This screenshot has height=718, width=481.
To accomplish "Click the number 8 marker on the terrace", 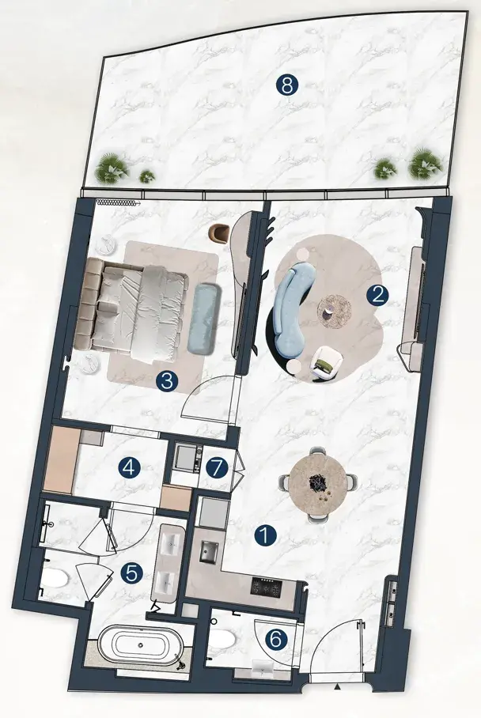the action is [x=287, y=85].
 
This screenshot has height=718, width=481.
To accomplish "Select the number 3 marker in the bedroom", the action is [x=167, y=380].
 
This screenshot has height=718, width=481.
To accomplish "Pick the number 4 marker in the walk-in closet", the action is [x=129, y=467].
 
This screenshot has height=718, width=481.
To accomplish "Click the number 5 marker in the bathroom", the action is [x=131, y=573].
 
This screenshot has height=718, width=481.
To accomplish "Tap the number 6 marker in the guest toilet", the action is [x=276, y=639].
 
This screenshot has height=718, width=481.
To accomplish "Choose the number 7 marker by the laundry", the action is [x=217, y=467].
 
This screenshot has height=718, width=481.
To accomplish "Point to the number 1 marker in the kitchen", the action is [x=267, y=535].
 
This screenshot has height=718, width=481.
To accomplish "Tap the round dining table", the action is [x=318, y=485].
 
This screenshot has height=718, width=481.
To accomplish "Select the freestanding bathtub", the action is [x=141, y=646].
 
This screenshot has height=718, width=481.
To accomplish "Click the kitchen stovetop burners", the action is [x=267, y=586].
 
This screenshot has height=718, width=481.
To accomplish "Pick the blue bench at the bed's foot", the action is [x=202, y=319].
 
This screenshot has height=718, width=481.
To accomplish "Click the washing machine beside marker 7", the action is [x=188, y=458].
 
